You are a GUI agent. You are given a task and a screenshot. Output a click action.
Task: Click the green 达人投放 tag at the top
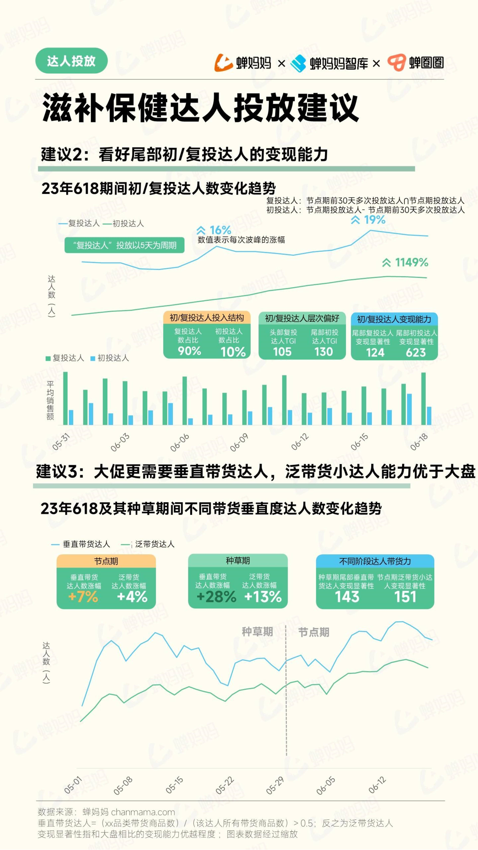[x=71, y=61]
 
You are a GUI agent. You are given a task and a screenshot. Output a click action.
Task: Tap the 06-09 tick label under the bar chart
[x=239, y=442]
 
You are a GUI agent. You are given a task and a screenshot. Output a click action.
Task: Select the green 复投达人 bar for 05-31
[x=65, y=398]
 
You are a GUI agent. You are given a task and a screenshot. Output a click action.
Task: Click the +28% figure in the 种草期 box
[x=216, y=597]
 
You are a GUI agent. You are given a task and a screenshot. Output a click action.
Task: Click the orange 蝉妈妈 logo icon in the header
[x=224, y=62]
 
